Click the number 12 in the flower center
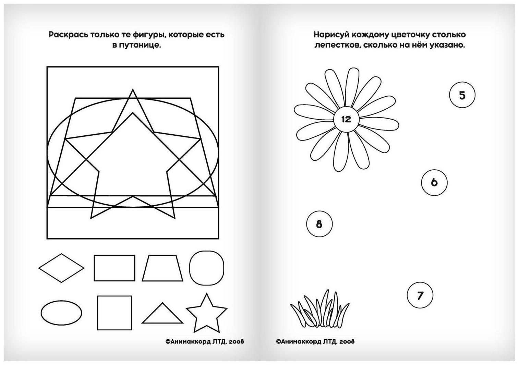346,119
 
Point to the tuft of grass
320,308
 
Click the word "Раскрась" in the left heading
69,35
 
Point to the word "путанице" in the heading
140,45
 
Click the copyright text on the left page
205,342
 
